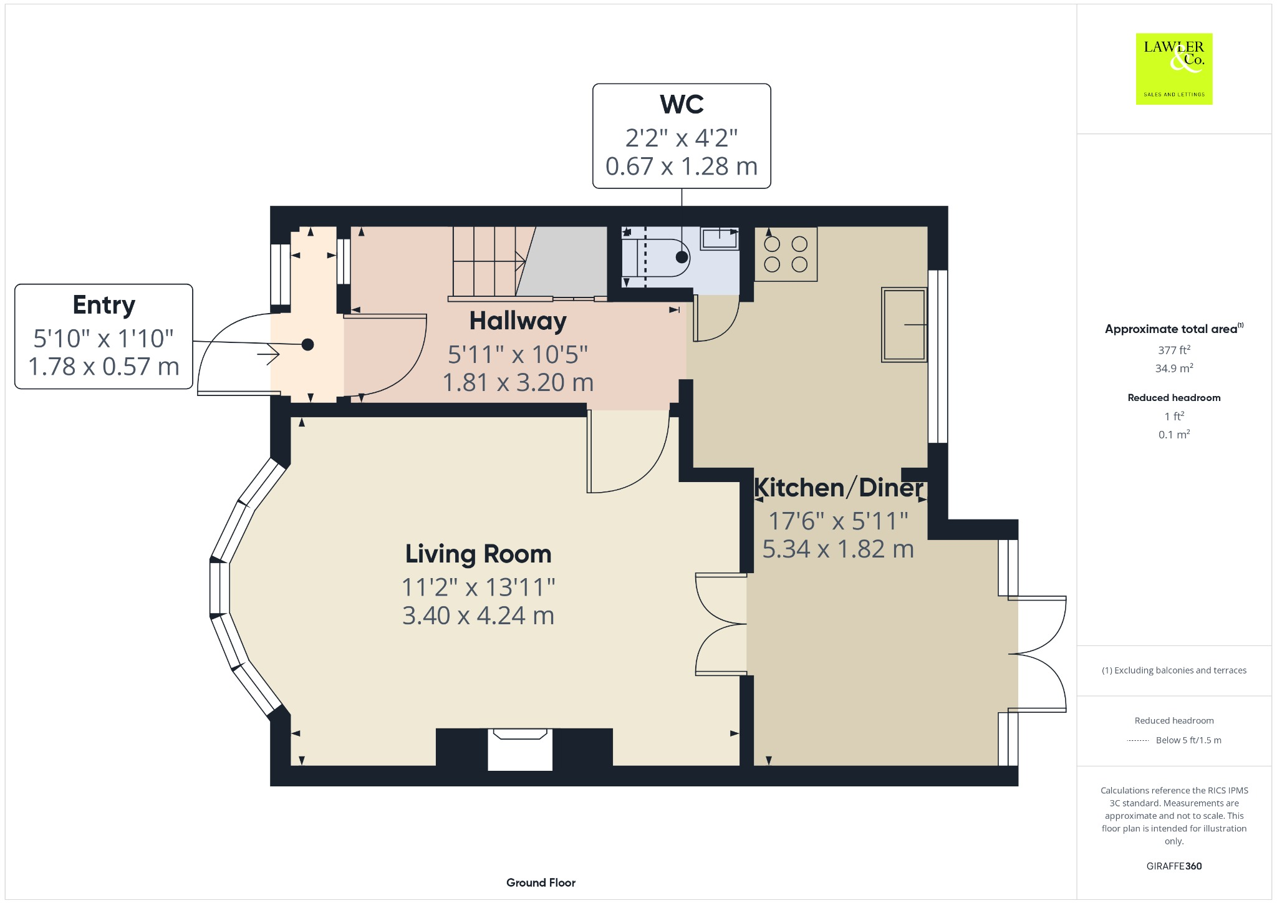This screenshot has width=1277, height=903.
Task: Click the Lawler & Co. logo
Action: [1173, 69]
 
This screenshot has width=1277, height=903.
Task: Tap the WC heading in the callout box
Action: [682, 105]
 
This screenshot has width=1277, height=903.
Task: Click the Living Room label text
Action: [478, 554]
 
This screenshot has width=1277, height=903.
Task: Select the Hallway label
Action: [518, 321]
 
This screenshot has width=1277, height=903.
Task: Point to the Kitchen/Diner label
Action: [838, 488]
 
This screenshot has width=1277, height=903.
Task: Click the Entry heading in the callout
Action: [104, 305]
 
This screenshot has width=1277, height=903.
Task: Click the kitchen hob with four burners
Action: [786, 254]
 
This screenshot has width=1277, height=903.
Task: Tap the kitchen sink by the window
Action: [904, 324]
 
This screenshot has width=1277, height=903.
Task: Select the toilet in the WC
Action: [661, 257]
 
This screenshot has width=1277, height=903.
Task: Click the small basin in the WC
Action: [720, 238]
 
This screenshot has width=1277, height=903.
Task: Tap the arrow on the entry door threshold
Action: [269, 355]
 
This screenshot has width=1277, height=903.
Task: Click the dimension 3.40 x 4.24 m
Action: [478, 616]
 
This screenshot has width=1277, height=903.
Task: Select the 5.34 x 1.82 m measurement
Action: [838, 549]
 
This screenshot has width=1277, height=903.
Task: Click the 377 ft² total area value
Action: [1173, 350]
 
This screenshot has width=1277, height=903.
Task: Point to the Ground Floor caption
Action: [541, 882]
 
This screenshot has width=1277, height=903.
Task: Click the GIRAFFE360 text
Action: [1173, 866]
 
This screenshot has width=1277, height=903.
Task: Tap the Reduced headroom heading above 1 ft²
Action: [1173, 398]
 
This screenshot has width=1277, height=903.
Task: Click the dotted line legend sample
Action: [1138, 741]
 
